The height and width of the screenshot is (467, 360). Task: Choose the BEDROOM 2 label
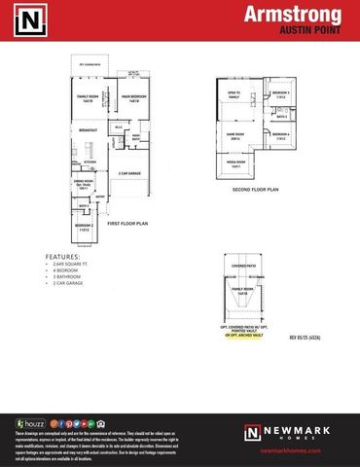tap(83, 226)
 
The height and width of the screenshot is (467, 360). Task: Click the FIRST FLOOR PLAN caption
tap(127, 224)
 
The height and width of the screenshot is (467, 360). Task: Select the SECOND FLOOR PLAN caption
tap(256, 190)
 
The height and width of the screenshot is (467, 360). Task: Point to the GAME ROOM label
tap(234, 136)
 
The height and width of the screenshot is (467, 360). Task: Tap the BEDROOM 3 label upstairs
tap(280, 93)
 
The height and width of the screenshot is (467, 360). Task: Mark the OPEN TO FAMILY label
tap(234, 95)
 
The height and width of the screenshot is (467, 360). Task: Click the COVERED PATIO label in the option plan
tap(242, 264)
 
